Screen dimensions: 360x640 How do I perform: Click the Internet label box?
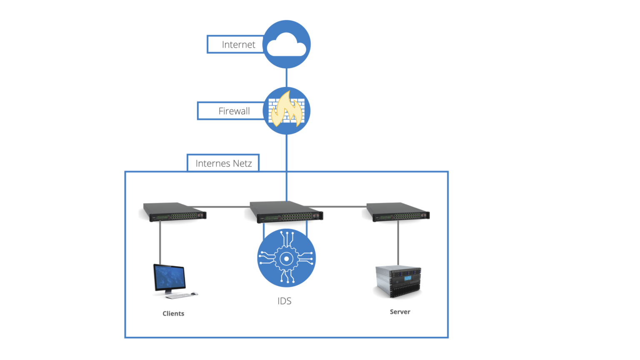(x=235, y=45)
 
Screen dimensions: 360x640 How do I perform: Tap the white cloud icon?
(x=286, y=46)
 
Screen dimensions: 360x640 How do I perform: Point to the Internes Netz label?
(x=223, y=163)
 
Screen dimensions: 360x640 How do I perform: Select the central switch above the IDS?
(x=286, y=212)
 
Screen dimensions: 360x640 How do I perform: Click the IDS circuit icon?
(x=286, y=258)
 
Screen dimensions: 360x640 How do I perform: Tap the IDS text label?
(x=285, y=301)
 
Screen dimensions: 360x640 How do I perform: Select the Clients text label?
(x=173, y=313)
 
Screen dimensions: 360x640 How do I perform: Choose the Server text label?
(x=400, y=312)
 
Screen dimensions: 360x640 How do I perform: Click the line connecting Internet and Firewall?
(x=287, y=77)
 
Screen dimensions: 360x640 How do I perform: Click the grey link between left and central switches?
(x=221, y=207)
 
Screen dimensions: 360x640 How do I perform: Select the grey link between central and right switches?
(x=337, y=206)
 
